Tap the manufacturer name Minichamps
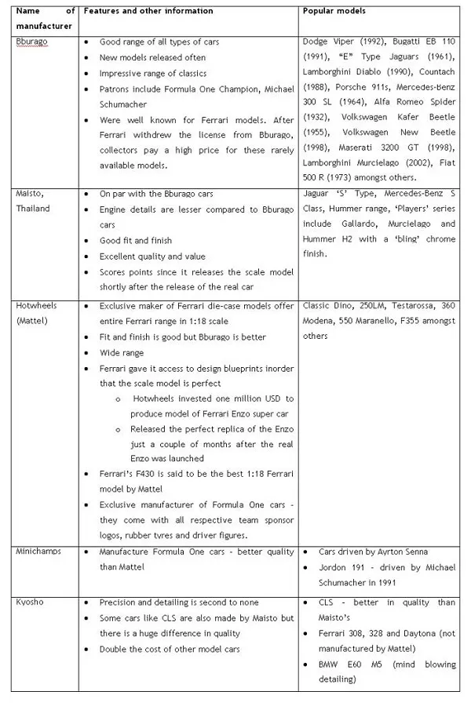point(38,551)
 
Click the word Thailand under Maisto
point(33,208)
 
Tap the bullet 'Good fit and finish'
point(135,240)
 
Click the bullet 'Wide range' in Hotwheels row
point(121,353)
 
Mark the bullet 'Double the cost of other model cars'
point(169,650)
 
